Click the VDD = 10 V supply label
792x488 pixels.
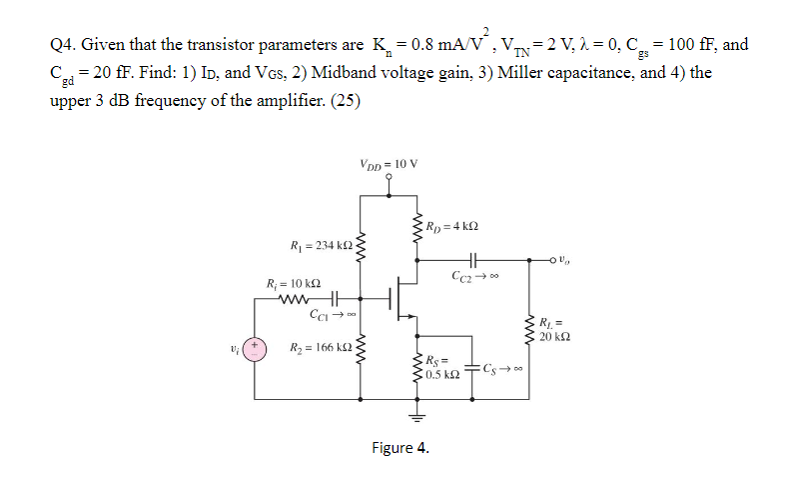pyautogui.click(x=388, y=164)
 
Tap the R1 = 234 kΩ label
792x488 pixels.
pyautogui.click(x=315, y=244)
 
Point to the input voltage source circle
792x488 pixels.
pyautogui.click(x=255, y=350)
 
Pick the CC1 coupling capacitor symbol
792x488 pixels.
pyautogui.click(x=336, y=298)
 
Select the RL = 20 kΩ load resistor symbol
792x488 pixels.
pyautogui.click(x=529, y=327)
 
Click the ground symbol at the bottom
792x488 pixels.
pyautogui.click(x=418, y=415)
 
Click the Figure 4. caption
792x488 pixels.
pyautogui.click(x=398, y=447)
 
